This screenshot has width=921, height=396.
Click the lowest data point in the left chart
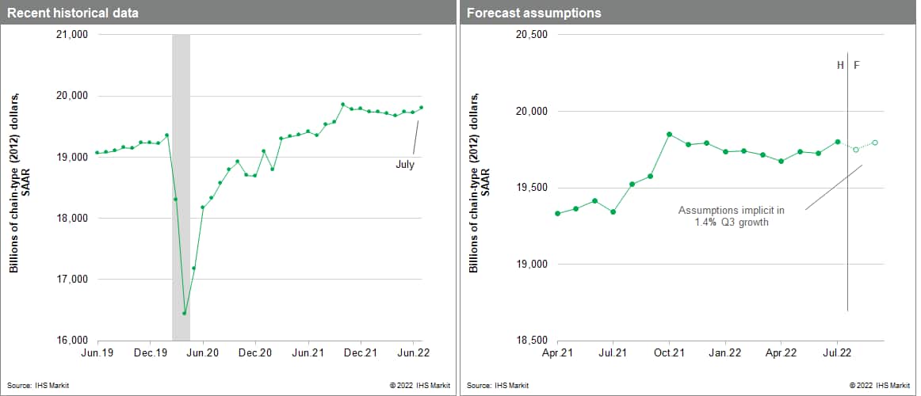click(x=185, y=313)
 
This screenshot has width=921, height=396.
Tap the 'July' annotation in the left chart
click(x=404, y=165)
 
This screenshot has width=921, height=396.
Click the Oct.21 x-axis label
click(x=669, y=352)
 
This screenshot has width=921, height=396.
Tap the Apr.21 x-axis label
click(x=557, y=352)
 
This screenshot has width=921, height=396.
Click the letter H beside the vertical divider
click(x=840, y=65)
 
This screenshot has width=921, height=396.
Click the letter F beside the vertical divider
click(x=856, y=65)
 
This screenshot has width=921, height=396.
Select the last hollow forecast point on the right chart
click(x=875, y=143)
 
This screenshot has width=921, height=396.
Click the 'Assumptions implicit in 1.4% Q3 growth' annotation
click(x=731, y=216)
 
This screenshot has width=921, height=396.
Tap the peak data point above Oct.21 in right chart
click(x=670, y=134)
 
